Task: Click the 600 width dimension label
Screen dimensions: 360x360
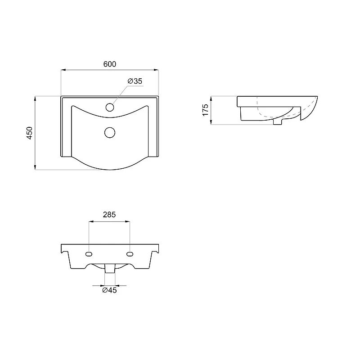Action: pos(110,64)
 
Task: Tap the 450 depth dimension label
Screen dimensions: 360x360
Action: pos(30,133)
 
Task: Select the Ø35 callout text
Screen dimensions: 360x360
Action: pos(135,81)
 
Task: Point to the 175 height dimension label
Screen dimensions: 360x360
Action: pos(205,110)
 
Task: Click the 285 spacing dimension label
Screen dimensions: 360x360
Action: pos(109,215)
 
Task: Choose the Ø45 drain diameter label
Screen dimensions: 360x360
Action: pos(109,290)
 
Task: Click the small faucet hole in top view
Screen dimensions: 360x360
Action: pos(110,107)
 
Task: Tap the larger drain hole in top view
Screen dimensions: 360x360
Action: pos(110,132)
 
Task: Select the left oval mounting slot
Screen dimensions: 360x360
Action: pos(89,254)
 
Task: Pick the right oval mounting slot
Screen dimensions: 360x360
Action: pos(130,254)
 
